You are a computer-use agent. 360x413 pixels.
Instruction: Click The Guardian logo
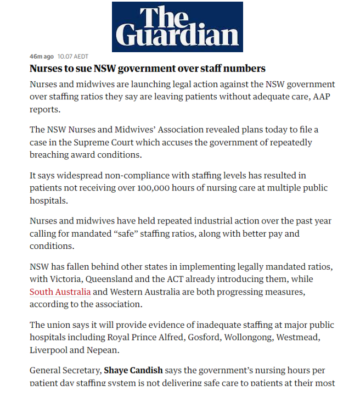177,26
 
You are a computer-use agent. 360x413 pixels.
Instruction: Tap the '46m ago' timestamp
42,57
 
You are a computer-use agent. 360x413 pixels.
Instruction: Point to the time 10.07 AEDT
72,57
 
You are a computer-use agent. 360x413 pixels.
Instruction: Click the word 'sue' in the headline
79,69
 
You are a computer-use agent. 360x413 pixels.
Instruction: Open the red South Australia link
60,292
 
